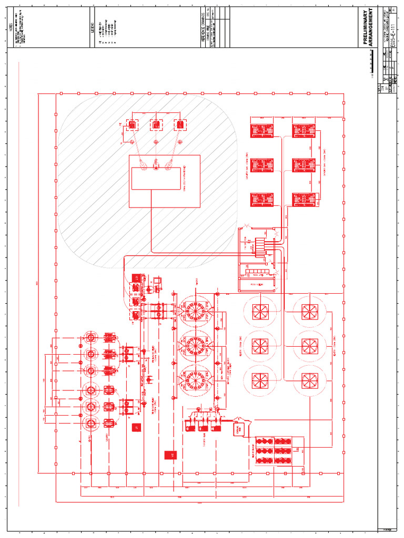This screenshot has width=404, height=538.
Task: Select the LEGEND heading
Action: (93, 28)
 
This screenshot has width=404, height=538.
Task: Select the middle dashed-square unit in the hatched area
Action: (156, 125)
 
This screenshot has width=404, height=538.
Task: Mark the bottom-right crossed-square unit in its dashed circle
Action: (307, 380)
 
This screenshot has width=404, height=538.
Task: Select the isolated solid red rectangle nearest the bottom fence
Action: (171, 454)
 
